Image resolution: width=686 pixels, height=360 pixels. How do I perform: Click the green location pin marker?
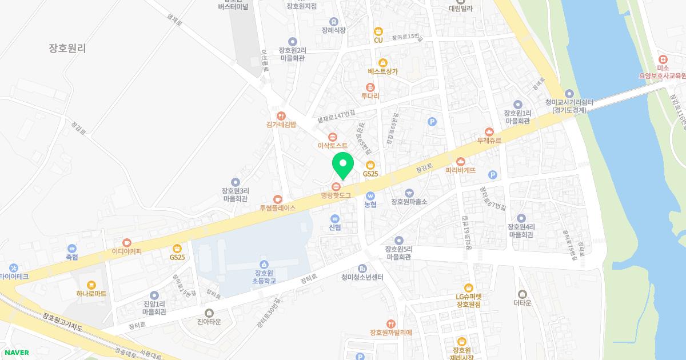(343, 165)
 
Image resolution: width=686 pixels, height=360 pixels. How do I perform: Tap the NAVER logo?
(16, 353)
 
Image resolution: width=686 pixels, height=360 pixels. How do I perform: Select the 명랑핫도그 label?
(336, 195)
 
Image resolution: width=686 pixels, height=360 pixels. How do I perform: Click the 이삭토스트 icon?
(333, 137)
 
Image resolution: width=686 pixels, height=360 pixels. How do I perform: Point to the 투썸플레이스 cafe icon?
(278, 199)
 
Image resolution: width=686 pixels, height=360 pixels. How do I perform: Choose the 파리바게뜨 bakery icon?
(461, 161)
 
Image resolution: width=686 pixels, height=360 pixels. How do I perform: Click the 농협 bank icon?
(370, 195)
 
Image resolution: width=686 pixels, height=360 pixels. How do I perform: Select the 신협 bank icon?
(335, 218)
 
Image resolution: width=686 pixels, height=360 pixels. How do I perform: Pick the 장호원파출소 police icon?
(409, 193)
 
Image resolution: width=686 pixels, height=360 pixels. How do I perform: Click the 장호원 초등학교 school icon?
(264, 263)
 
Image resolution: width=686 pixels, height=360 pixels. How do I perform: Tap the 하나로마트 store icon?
(92, 285)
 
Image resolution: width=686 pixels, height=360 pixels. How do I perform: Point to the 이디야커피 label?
(127, 251)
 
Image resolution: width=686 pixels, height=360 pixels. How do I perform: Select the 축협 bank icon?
(72, 249)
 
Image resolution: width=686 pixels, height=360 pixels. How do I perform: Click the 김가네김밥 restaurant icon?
(281, 115)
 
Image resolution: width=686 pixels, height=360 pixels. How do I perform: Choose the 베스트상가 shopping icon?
(383, 63)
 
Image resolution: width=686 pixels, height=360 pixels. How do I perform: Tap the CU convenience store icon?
(378, 31)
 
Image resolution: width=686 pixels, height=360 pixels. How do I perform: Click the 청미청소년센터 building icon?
(362, 269)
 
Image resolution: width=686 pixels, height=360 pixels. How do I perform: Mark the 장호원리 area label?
(67, 49)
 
